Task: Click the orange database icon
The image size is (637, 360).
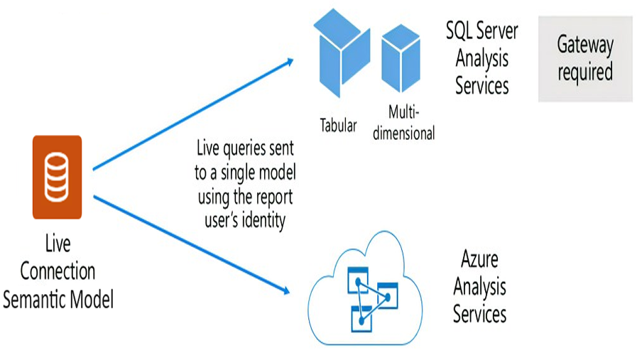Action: click(57, 177)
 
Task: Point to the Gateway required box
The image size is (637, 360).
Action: click(584, 58)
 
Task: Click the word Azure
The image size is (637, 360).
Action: click(480, 259)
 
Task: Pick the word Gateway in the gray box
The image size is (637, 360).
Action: click(584, 45)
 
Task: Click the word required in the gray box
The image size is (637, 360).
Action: click(584, 72)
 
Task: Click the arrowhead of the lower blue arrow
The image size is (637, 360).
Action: click(287, 290)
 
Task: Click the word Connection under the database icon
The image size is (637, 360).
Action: click(57, 271)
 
